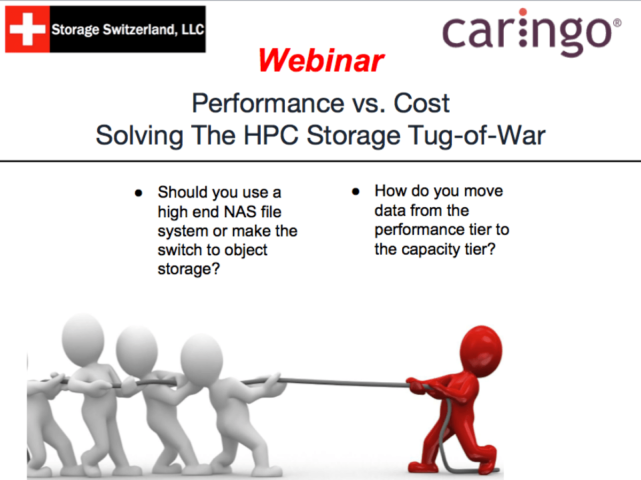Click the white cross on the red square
coord(27,29)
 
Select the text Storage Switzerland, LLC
coord(128,29)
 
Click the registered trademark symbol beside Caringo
coord(617,23)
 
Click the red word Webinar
coord(321,61)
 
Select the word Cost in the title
coord(422,104)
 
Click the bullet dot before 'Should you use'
coord(138,192)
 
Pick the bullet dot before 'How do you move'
coord(355,191)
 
